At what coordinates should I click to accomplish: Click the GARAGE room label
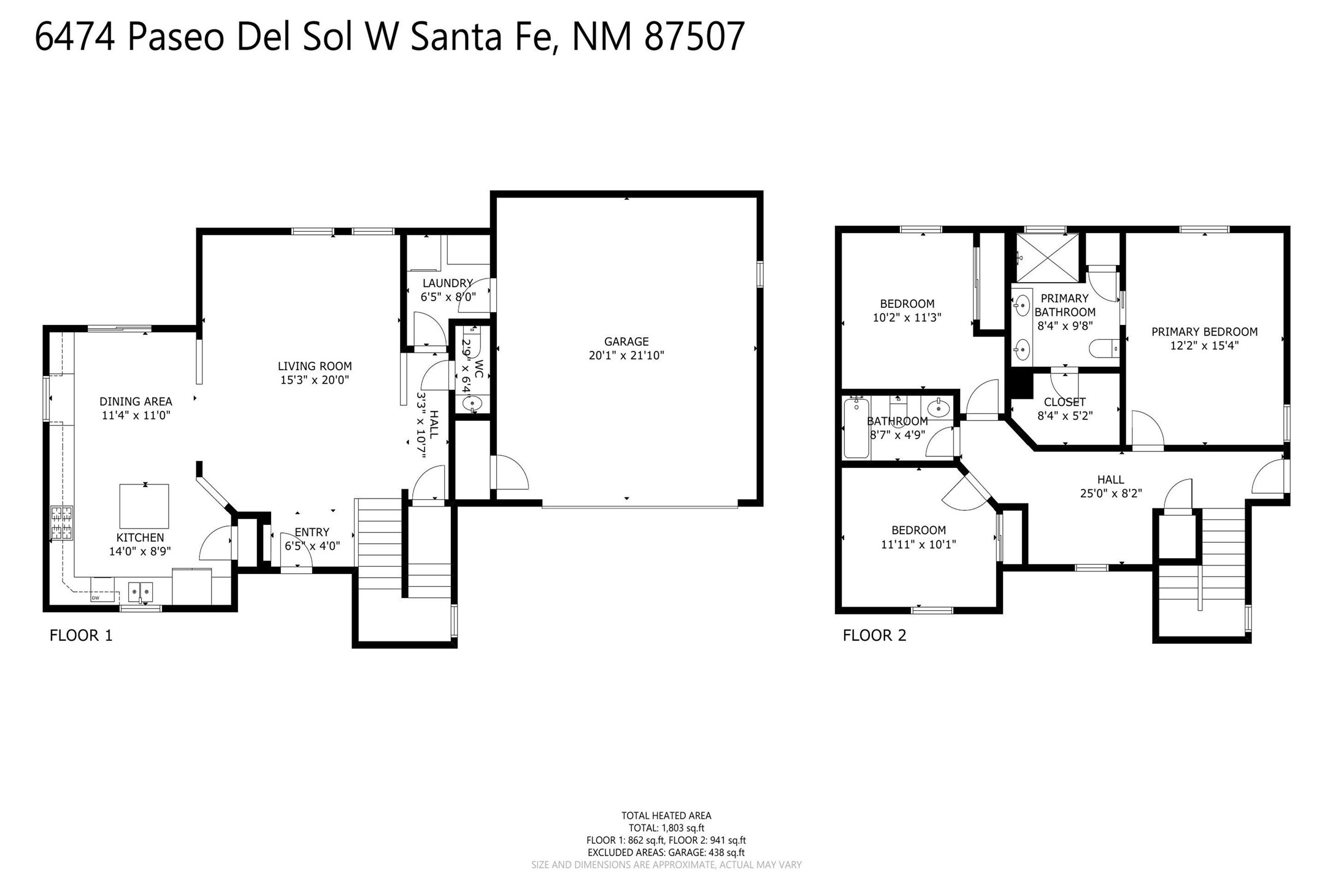tap(626, 342)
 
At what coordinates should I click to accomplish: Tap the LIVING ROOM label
tap(315, 366)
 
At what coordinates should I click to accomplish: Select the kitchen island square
tap(144, 506)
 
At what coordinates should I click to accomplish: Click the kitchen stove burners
tap(61, 522)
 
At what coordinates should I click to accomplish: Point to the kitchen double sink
tap(141, 592)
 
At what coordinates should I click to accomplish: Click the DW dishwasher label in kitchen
tap(96, 597)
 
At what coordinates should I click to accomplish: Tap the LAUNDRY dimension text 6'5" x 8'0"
tap(448, 297)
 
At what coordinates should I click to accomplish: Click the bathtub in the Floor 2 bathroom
tap(856, 428)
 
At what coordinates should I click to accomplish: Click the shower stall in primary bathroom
tap(1048, 258)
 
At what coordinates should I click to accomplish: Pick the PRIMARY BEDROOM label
tap(1204, 332)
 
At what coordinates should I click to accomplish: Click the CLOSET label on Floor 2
tap(1065, 402)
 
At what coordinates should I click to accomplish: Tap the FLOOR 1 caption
tap(81, 635)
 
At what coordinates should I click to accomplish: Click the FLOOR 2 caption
tap(874, 635)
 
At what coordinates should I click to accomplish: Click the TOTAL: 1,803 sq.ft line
tap(666, 828)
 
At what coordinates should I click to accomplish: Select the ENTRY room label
tap(312, 532)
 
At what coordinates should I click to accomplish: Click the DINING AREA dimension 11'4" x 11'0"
tap(136, 415)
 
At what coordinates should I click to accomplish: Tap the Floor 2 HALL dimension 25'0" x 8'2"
tap(1111, 493)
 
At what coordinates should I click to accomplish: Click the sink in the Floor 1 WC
tap(472, 403)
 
